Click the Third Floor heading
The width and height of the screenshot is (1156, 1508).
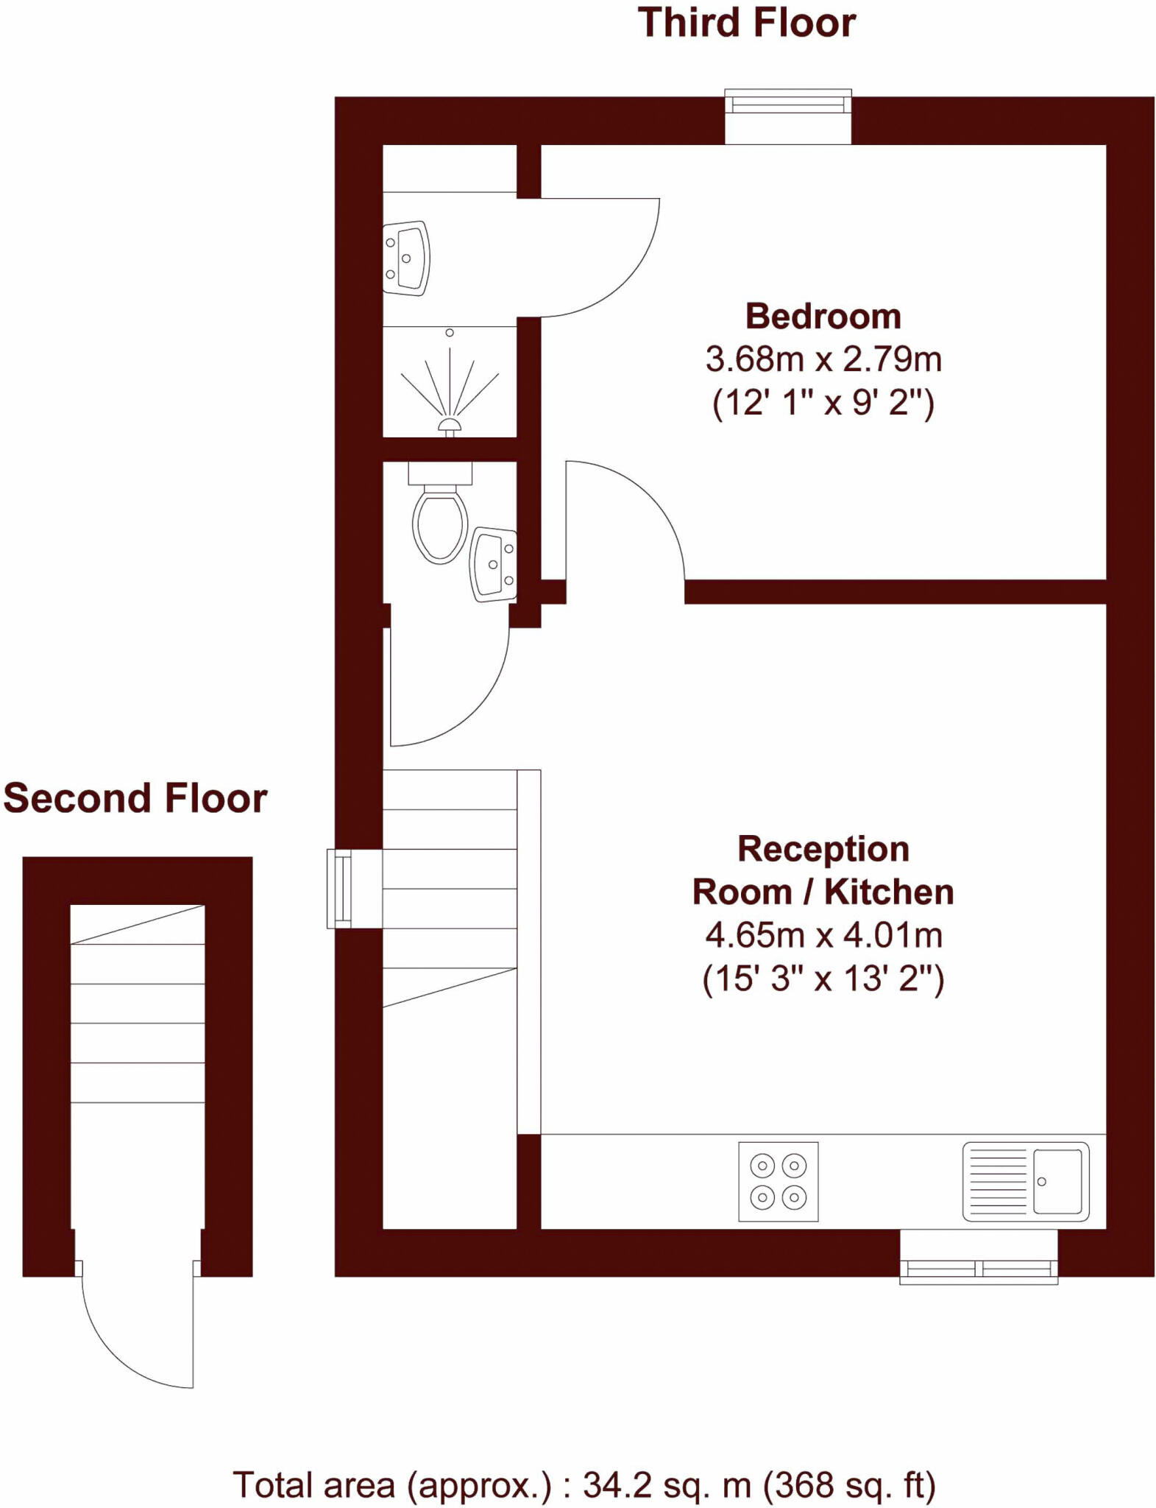coord(746,24)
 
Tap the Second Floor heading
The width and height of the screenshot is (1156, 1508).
coord(135,798)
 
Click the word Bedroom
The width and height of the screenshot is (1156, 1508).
coord(823,317)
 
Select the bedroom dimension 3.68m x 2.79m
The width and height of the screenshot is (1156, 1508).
coord(823,359)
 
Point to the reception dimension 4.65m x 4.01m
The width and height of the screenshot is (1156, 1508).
coord(823,935)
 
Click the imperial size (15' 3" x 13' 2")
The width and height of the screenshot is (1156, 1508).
coord(823,979)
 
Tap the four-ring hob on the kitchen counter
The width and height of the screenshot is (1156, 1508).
coord(778,1181)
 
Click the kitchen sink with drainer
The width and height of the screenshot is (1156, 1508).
coord(1025,1181)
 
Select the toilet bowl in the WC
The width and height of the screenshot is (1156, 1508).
coord(440,525)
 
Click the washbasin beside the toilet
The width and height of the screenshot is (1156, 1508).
coord(494,564)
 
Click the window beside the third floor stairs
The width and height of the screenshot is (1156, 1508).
coord(340,888)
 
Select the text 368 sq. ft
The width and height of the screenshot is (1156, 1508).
coord(850,1485)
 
